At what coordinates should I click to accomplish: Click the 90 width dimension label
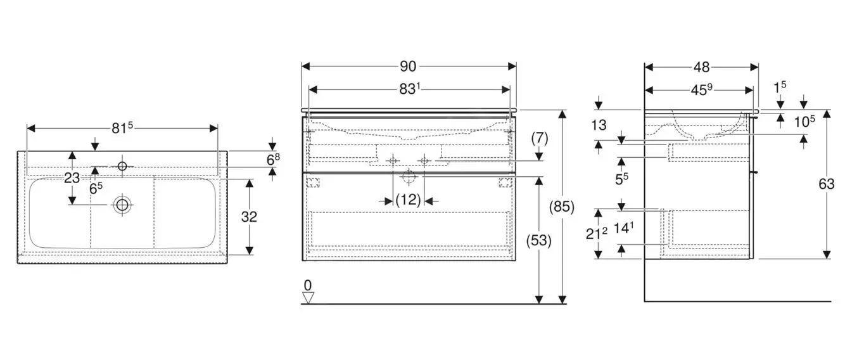[x=408, y=66]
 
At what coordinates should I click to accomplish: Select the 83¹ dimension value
[x=409, y=89]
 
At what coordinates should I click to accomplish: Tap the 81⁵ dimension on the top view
[x=122, y=127]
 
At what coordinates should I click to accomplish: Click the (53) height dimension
[x=539, y=240]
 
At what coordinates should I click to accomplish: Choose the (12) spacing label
[x=408, y=200]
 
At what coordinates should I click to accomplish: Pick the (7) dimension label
[x=539, y=137]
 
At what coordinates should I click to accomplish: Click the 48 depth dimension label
[x=701, y=66]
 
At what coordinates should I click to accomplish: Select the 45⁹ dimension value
[x=701, y=90]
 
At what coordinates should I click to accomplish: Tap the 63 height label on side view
[x=827, y=184]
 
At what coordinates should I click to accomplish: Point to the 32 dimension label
[x=250, y=216]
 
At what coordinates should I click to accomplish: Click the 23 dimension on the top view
[x=72, y=178]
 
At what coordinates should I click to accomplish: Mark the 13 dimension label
[x=599, y=125]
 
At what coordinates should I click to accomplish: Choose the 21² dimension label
[x=597, y=233]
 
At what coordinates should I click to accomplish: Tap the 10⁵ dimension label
[x=804, y=122]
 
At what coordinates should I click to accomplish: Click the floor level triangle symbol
[x=308, y=297]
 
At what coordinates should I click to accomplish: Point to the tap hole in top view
[x=122, y=166]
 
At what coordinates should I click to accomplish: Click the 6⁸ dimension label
[x=272, y=159]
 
